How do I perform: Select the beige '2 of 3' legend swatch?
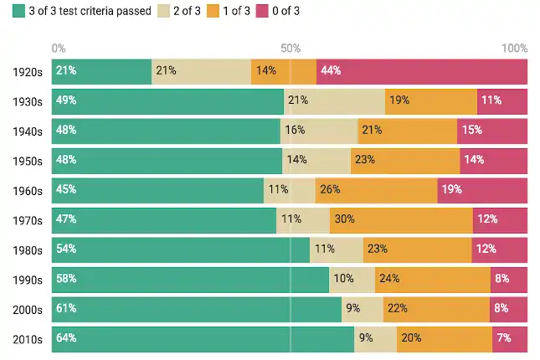[164, 11]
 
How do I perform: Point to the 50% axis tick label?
[291, 48]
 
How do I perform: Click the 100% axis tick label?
[514, 48]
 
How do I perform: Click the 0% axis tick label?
[59, 48]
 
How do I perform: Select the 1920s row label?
[28, 71]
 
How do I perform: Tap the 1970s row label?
[28, 220]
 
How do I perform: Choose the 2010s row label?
[28, 339]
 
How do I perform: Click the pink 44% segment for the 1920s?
[421, 71]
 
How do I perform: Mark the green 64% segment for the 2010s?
[203, 339]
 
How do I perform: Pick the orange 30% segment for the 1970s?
[401, 220]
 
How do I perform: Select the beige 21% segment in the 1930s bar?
[334, 101]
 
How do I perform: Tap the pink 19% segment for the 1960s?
[482, 190]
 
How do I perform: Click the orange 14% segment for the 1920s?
[284, 71]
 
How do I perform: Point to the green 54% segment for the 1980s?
[180, 249]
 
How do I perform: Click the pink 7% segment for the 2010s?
[510, 339]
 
